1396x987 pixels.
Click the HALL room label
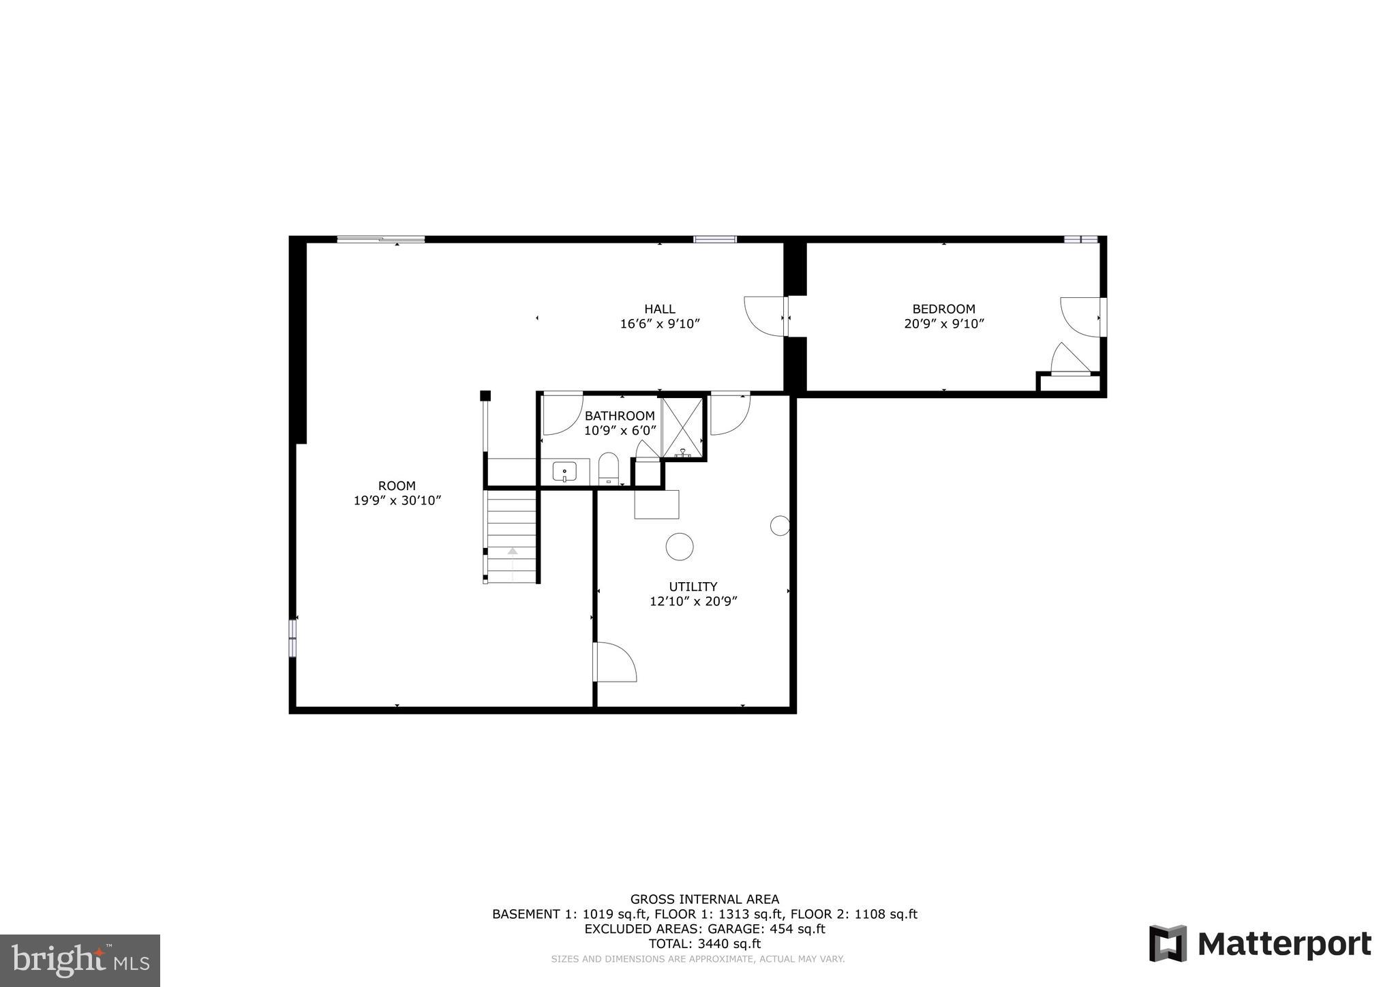coord(659,309)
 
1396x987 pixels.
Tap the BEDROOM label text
coord(943,309)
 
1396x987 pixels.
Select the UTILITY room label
coord(693,586)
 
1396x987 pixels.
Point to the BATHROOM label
coord(619,416)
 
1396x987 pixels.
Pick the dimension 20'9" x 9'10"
coord(943,324)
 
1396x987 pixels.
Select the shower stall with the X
coord(682,427)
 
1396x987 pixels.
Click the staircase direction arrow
coord(513,551)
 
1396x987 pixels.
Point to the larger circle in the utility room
coord(680,547)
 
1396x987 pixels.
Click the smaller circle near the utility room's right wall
coord(780,526)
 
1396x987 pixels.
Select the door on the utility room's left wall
coord(615,661)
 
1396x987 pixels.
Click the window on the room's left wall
coord(292,638)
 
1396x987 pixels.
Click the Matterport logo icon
coord(1168,944)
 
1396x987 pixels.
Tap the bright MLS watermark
coord(80,960)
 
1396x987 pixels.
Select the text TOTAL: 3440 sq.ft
coord(704,944)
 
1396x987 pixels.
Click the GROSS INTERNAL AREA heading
coord(704,900)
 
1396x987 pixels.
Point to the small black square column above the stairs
coord(485,395)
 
